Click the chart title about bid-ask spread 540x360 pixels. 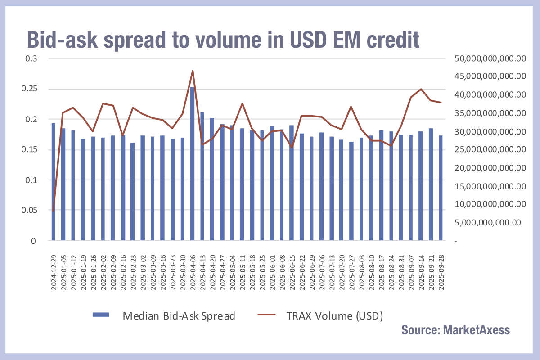(223, 40)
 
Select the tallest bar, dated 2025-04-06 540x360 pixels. (192, 164)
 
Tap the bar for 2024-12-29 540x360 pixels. (54, 182)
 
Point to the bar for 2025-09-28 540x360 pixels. (441, 188)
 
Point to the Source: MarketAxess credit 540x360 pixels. (455, 330)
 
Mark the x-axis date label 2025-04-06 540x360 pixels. (193, 270)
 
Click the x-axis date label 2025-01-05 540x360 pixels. (64, 270)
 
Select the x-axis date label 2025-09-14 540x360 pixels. (421, 270)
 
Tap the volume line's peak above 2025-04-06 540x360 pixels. (192, 71)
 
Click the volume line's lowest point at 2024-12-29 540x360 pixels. (54, 211)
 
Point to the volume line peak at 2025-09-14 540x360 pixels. (421, 89)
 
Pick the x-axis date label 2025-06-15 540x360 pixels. (292, 270)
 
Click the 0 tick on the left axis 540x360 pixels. (33, 241)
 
